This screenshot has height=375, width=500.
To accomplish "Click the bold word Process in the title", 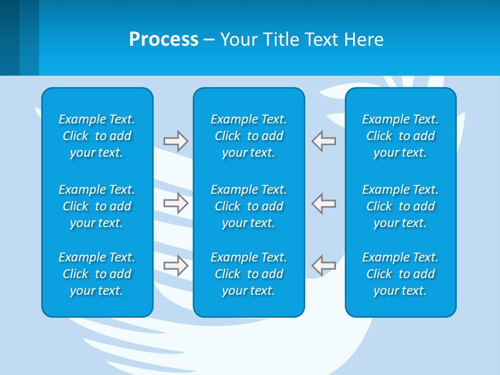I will click(164, 40).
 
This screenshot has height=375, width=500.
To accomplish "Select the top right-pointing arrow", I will click(176, 141).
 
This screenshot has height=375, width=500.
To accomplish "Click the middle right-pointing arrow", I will click(176, 203).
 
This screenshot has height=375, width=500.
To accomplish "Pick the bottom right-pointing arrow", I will click(176, 266).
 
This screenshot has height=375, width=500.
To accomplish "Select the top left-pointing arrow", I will click(324, 141).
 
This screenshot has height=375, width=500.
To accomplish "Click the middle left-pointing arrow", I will click(324, 203).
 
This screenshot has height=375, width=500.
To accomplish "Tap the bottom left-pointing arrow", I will click(324, 266).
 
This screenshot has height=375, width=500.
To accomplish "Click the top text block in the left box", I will click(97, 136).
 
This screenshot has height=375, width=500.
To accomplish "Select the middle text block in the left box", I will click(97, 206).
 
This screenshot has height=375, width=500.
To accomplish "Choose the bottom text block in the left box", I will click(97, 274).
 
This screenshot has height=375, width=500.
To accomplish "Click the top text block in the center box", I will click(248, 136).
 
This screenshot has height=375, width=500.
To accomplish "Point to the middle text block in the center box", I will click(248, 206).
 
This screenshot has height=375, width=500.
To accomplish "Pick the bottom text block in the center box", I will click(248, 274).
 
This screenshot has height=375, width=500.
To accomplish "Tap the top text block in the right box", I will click(400, 136).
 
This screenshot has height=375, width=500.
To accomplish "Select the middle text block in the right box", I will click(400, 206).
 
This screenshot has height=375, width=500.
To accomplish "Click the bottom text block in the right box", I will click(400, 274).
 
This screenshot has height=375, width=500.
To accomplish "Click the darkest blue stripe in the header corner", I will click(9, 37).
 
